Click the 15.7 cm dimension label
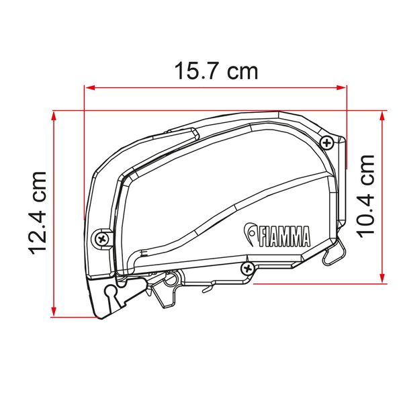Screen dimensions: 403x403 (216, 71)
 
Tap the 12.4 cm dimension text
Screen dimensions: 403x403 (38, 213)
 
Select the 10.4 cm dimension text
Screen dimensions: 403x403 (365, 197)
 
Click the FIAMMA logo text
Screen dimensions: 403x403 (285, 236)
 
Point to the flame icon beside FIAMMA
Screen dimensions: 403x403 (251, 233)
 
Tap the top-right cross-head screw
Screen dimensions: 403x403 (327, 142)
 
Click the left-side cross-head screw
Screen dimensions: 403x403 (102, 240)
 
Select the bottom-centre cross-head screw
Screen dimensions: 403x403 (247, 269)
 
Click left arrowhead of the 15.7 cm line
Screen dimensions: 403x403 (90, 87)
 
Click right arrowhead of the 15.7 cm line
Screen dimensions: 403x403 (341, 87)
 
